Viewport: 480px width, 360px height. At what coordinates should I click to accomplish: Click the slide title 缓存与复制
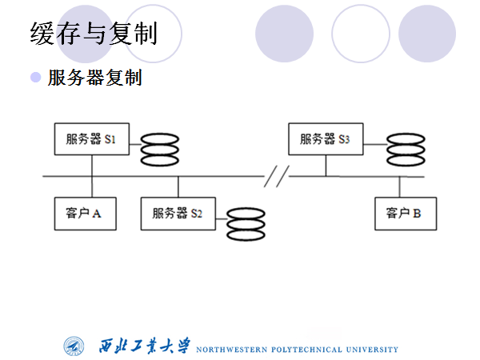[93, 33]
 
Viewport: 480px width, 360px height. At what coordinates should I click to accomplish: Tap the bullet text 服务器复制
[94, 78]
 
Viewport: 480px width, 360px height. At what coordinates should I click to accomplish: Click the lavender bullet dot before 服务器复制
[35, 77]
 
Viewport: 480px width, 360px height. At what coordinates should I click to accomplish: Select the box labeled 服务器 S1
[91, 139]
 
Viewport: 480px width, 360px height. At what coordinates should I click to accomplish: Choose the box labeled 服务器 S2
[178, 214]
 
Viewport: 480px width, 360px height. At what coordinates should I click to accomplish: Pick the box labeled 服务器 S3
[326, 139]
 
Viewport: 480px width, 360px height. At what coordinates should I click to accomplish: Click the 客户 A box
[84, 214]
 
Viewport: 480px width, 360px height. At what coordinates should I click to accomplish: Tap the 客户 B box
[404, 214]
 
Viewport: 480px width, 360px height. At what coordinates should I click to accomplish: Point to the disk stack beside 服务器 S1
[160, 150]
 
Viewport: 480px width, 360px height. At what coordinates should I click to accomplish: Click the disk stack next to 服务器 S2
[245, 225]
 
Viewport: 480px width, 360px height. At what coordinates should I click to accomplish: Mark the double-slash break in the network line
[276, 175]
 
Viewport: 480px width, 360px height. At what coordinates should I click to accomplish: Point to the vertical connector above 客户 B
[400, 186]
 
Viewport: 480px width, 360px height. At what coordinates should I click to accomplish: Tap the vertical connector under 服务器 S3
[326, 165]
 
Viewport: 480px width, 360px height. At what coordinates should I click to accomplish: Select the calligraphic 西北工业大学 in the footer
[145, 346]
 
